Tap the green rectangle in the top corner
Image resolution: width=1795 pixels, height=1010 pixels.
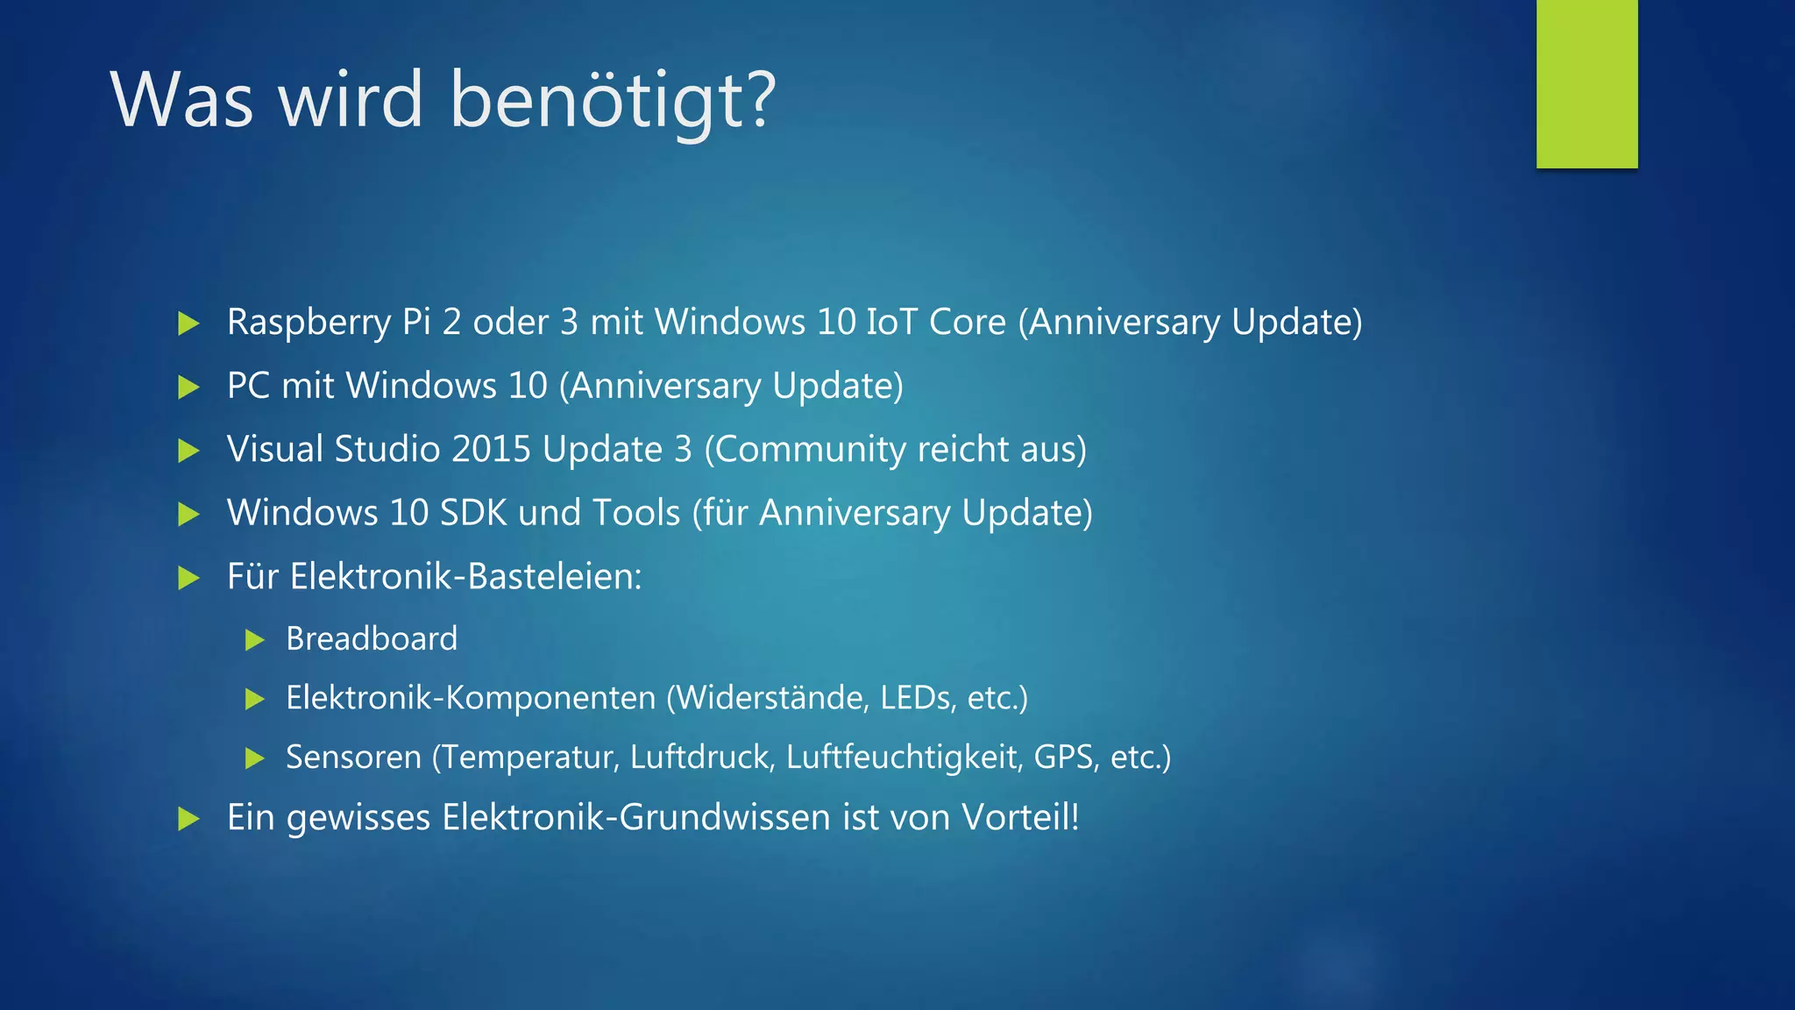point(1586,84)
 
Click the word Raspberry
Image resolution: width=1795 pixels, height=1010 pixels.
point(308,323)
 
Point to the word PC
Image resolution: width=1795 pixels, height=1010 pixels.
point(248,386)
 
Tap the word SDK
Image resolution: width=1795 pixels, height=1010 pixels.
point(473,513)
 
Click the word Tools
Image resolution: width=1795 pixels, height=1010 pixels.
point(636,513)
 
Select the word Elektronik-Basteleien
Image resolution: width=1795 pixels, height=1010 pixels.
point(465,577)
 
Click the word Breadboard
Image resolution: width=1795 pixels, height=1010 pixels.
point(372,639)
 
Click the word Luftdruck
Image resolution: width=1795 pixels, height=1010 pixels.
point(702,757)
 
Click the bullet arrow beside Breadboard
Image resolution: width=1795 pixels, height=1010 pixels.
point(255,640)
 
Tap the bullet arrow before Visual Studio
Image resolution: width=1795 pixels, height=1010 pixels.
point(188,451)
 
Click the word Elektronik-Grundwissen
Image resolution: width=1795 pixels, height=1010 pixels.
point(636,817)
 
